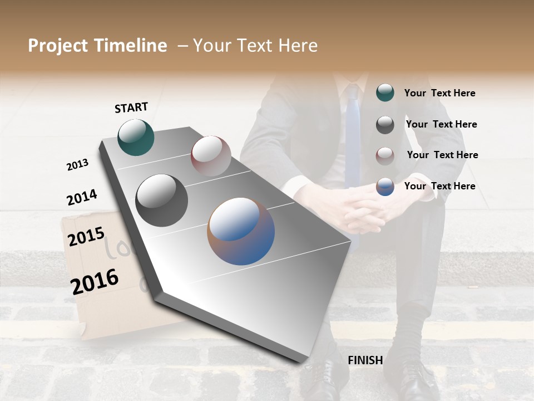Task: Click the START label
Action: pos(131,107)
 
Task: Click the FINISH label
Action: pos(365,360)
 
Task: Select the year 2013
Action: pos(77,165)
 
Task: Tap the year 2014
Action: pos(82,197)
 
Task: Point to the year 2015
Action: pos(86,237)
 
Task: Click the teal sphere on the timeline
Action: pos(136,137)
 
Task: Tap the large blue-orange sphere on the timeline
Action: pos(241,231)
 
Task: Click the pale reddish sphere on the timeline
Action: pos(211,156)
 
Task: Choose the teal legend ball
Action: pos(385,92)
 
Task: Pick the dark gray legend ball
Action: pos(385,125)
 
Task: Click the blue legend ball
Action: pos(385,187)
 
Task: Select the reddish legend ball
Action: pos(385,155)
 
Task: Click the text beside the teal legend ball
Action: pos(439,93)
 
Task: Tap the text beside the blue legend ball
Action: pos(439,186)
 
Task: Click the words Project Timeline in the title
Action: pos(97,46)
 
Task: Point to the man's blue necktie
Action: pos(352,139)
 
